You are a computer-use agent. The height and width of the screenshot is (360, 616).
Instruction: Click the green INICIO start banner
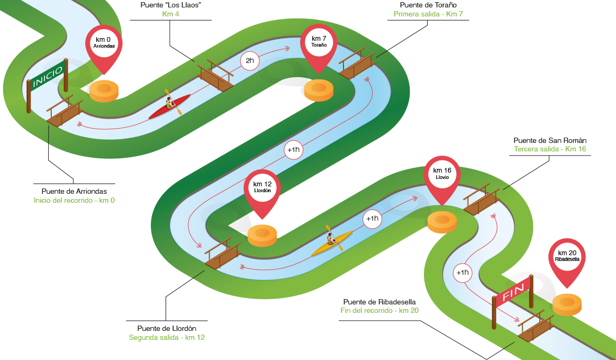click(48, 76)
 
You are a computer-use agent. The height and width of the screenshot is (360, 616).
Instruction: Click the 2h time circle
click(250, 61)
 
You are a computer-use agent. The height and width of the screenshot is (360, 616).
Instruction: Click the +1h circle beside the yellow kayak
click(372, 219)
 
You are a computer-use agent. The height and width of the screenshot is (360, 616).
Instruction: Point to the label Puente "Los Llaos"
click(170, 5)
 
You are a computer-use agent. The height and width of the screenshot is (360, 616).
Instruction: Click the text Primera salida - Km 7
click(428, 14)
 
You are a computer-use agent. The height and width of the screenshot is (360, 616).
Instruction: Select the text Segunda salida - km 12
click(167, 338)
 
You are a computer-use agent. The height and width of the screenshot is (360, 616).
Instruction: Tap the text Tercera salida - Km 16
click(550, 149)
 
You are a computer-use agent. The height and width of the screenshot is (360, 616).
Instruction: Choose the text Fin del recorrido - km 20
click(379, 310)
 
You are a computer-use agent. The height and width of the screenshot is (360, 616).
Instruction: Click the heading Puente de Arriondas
click(74, 192)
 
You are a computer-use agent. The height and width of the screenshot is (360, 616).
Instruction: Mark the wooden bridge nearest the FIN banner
click(536, 326)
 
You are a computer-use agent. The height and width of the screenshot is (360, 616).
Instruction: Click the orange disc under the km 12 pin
click(262, 236)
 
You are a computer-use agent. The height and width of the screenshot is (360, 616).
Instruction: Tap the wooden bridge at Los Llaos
click(215, 76)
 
